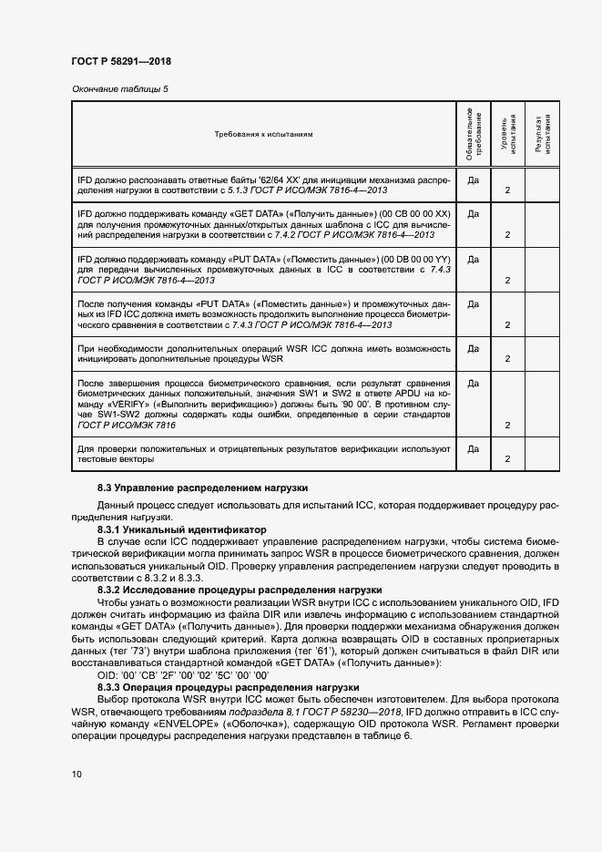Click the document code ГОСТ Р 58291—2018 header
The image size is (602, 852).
[120, 61]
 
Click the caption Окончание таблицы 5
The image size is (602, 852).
[119, 89]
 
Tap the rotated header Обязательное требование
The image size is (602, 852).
[474, 134]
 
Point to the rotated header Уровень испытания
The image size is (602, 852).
[508, 134]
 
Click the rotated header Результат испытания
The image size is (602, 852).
[544, 134]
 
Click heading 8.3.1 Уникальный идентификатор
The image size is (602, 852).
[181, 529]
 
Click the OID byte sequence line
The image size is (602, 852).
[182, 674]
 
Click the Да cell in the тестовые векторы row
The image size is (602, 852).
[474, 448]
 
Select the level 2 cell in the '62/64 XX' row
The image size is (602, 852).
[507, 191]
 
